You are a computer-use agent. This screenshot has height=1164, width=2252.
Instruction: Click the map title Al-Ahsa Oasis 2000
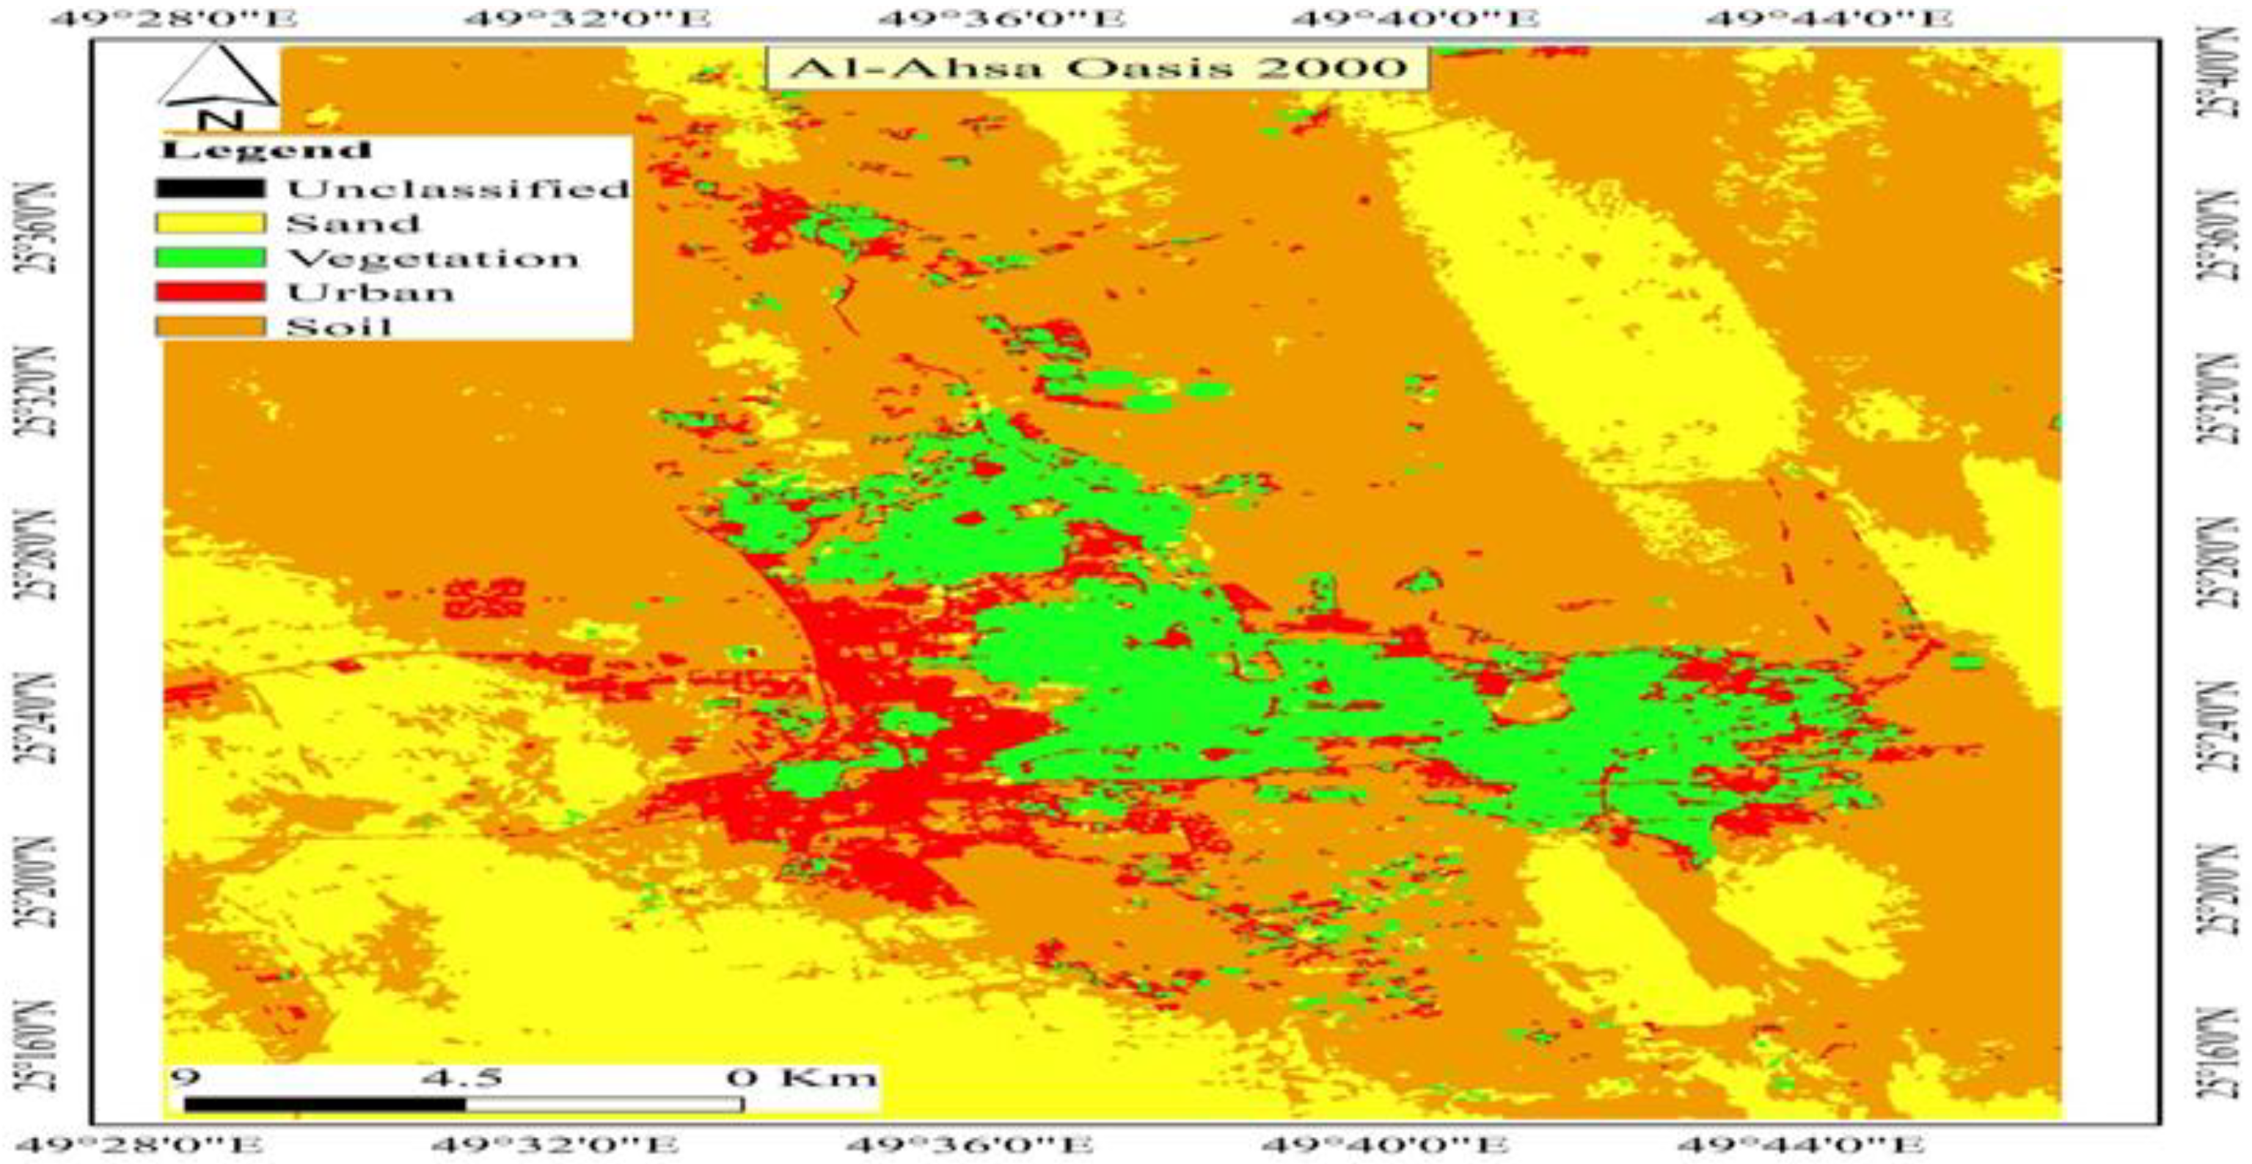1097,68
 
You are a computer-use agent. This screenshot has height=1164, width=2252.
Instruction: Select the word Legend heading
266,150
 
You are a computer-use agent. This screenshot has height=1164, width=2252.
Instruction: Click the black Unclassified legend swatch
210,188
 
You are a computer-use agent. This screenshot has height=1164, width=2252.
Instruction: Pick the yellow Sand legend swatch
210,223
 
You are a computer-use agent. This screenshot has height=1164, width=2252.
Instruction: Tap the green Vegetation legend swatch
210,257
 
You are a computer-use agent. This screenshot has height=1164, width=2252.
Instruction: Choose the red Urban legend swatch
210,291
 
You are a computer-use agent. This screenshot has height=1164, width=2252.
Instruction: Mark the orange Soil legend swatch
210,326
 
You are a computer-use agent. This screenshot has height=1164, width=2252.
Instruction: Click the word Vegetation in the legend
433,258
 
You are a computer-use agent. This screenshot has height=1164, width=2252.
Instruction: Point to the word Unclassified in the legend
457,188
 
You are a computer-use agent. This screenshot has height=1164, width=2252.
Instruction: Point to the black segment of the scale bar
324,1105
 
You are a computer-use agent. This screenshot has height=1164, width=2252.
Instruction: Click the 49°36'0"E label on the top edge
1001,18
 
